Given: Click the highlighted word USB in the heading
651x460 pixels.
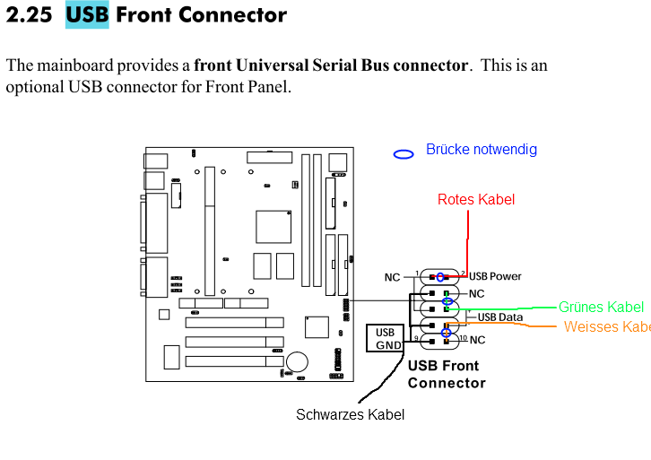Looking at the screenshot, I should pyautogui.click(x=87, y=15).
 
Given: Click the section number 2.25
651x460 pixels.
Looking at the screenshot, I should pyautogui.click(x=29, y=15).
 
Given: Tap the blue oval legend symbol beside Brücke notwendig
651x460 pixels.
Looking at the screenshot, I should pyautogui.click(x=404, y=153).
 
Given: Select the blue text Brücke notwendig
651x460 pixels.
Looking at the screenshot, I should pyautogui.click(x=481, y=149).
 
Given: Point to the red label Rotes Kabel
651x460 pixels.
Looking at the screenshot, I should pyautogui.click(x=476, y=199).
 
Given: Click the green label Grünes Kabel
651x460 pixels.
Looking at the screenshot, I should pyautogui.click(x=600, y=307).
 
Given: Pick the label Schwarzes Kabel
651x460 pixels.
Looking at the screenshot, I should pyautogui.click(x=350, y=414).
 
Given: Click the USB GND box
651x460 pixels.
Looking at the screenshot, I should pyautogui.click(x=386, y=339).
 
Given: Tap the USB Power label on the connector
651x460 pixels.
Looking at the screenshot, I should pyautogui.click(x=495, y=276).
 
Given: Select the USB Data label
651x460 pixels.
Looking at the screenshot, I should pyautogui.click(x=499, y=317).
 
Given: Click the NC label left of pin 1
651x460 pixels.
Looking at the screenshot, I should pyautogui.click(x=392, y=277).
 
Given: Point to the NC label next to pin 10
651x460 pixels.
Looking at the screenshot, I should pyautogui.click(x=477, y=341).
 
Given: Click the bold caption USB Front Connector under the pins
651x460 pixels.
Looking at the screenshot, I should pyautogui.click(x=446, y=374).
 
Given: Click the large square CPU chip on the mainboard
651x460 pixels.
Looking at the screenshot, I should pyautogui.click(x=273, y=226).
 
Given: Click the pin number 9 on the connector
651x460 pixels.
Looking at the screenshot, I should pyautogui.click(x=416, y=337).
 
